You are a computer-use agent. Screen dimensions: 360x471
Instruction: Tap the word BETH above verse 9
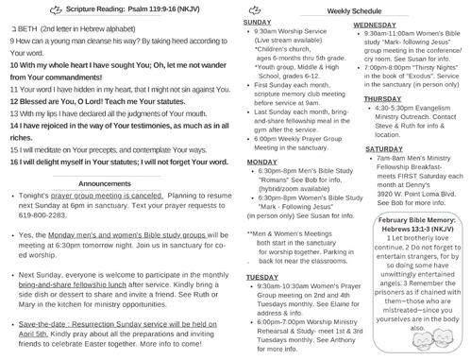(x=21, y=29)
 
